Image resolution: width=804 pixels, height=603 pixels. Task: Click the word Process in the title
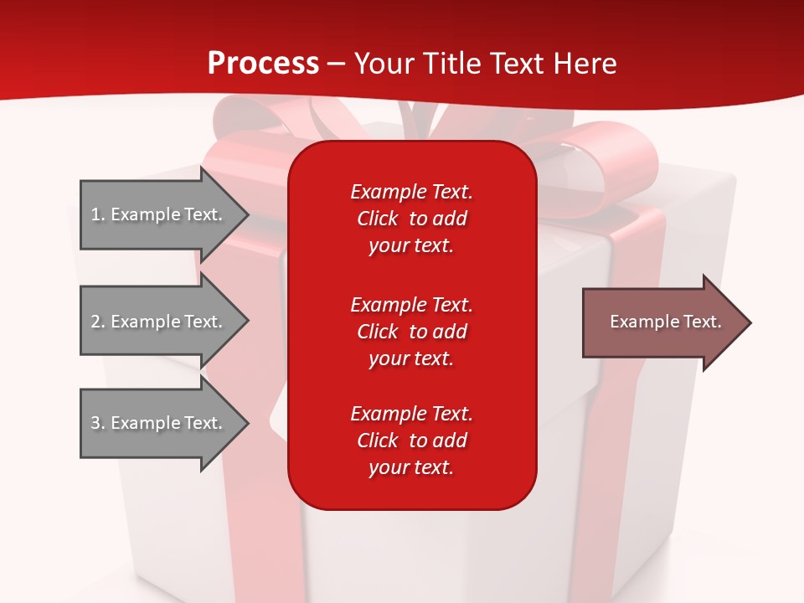pyautogui.click(x=263, y=64)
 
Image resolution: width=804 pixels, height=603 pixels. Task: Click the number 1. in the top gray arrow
pyautogui.click(x=98, y=214)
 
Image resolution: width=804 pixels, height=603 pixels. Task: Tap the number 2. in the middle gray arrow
pyautogui.click(x=98, y=322)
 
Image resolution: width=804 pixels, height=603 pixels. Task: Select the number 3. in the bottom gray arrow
pyautogui.click(x=98, y=423)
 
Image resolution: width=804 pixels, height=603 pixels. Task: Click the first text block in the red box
pyautogui.click(x=411, y=219)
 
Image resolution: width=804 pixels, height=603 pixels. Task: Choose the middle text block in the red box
pyautogui.click(x=411, y=332)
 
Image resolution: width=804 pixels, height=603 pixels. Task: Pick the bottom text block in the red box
pyautogui.click(x=411, y=441)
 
